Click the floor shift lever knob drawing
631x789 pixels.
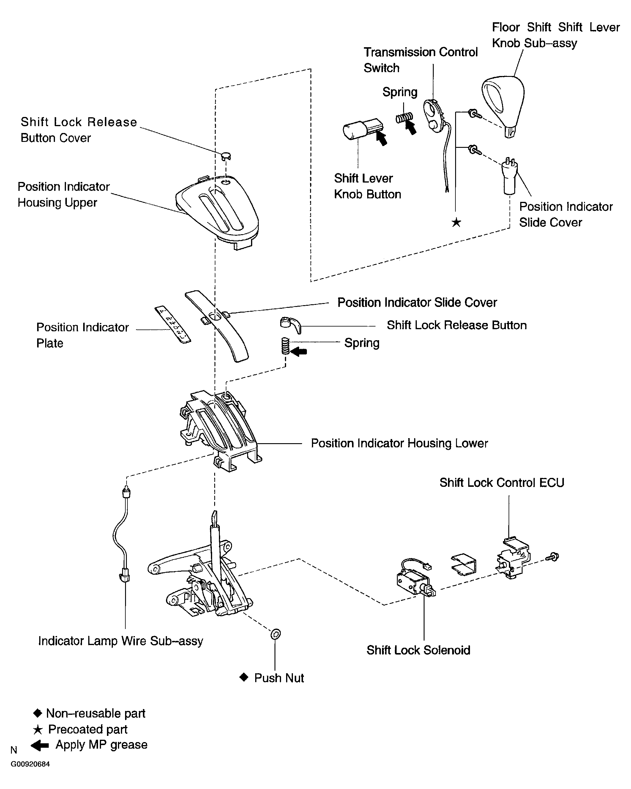click(504, 104)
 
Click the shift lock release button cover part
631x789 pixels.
click(226, 156)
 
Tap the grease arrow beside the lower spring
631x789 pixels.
click(299, 352)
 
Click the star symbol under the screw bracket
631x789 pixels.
click(456, 222)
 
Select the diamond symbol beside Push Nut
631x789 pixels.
click(244, 677)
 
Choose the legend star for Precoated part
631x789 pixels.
click(37, 730)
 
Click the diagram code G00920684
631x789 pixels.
click(30, 764)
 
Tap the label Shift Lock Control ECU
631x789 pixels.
click(502, 483)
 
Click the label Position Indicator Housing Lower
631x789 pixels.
click(399, 443)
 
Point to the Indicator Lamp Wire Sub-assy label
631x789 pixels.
click(121, 641)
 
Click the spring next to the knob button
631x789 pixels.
click(404, 118)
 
